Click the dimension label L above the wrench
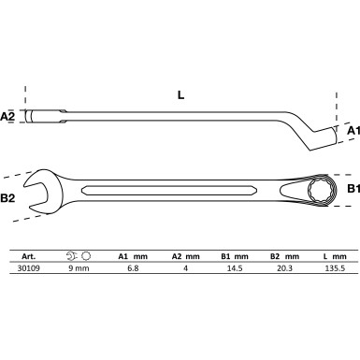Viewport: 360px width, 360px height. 180,95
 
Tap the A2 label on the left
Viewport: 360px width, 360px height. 7,117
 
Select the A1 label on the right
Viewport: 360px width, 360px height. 353,131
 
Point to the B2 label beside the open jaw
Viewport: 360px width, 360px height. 8,198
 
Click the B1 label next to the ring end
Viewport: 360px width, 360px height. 353,190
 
